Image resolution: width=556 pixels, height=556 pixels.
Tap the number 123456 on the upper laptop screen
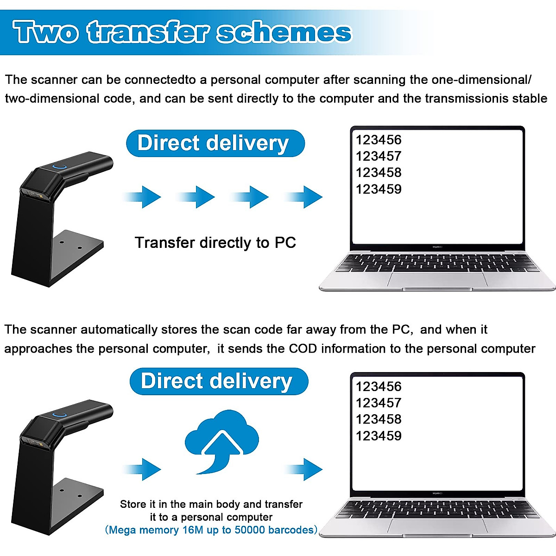[378, 140]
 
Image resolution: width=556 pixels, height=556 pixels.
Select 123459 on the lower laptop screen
[378, 436]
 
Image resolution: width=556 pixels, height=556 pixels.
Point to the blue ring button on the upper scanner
[59, 166]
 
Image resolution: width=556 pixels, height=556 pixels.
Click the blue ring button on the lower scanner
[59, 415]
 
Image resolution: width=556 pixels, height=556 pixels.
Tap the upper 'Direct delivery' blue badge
[215, 143]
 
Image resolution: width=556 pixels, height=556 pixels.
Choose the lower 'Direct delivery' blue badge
[219, 381]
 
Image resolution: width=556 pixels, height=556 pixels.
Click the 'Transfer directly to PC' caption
[215, 243]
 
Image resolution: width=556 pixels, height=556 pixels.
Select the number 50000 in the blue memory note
[250, 530]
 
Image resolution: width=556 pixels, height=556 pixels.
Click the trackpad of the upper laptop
[438, 279]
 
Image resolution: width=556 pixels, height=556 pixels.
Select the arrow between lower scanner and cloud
[144, 469]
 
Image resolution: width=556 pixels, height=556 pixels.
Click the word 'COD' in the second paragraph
[303, 348]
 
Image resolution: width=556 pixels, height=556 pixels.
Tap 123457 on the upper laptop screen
[378, 156]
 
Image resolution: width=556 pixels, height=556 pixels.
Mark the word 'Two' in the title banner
[45, 32]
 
